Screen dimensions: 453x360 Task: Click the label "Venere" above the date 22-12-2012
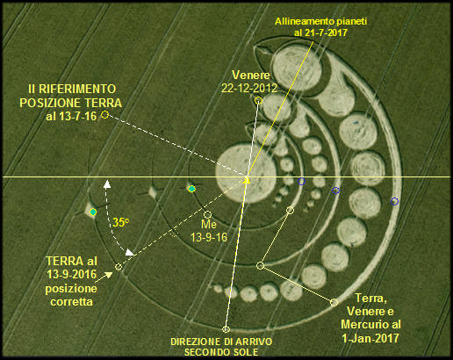251,76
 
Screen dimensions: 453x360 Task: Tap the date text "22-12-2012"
249,88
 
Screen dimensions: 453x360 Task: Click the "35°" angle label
121,223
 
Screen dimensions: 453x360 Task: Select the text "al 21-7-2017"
320,32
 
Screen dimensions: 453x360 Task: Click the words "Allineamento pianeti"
320,21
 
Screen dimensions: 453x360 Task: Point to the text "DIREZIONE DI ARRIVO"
221,342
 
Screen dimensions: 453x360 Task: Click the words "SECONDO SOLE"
221,352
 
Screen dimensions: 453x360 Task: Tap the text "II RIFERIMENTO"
72,89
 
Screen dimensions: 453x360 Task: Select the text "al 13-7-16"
71,116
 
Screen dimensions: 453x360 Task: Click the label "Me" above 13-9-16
209,224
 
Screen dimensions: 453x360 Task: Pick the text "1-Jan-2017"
370,338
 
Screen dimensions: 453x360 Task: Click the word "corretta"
71,301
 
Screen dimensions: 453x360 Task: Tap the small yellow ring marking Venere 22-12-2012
258,101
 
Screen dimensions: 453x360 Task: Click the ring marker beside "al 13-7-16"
104,115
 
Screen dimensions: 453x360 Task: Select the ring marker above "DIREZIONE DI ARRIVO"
226,329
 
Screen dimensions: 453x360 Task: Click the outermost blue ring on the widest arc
394,201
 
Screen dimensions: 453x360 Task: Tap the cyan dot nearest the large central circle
191,189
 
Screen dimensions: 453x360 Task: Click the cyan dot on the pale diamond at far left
93,212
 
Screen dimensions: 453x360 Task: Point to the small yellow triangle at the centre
247,180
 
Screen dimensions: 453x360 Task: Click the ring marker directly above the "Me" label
207,215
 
